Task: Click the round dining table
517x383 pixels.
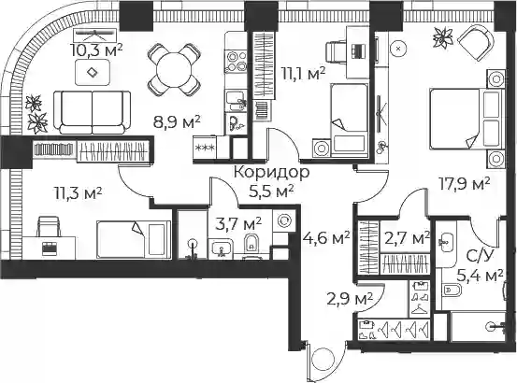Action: (x=174, y=69)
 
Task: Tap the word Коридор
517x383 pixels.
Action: (x=272, y=172)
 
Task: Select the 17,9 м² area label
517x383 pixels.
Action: (x=464, y=185)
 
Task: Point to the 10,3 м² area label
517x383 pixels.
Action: (x=96, y=50)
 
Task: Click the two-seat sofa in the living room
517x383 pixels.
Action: (x=93, y=112)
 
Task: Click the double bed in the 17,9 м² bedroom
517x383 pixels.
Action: (x=466, y=120)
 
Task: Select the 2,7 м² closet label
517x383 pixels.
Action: (x=407, y=237)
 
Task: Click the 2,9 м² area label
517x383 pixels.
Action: (x=350, y=299)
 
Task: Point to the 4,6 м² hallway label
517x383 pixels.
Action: (x=326, y=237)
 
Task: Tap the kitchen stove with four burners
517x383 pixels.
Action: (x=237, y=62)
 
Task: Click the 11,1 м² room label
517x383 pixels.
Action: (x=303, y=74)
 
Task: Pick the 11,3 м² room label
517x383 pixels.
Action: (x=79, y=193)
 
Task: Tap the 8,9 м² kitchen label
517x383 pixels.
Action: (x=177, y=121)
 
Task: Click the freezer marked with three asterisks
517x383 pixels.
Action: (x=205, y=149)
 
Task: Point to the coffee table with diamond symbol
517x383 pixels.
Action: (x=93, y=72)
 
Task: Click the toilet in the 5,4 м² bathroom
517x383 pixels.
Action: (x=450, y=290)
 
